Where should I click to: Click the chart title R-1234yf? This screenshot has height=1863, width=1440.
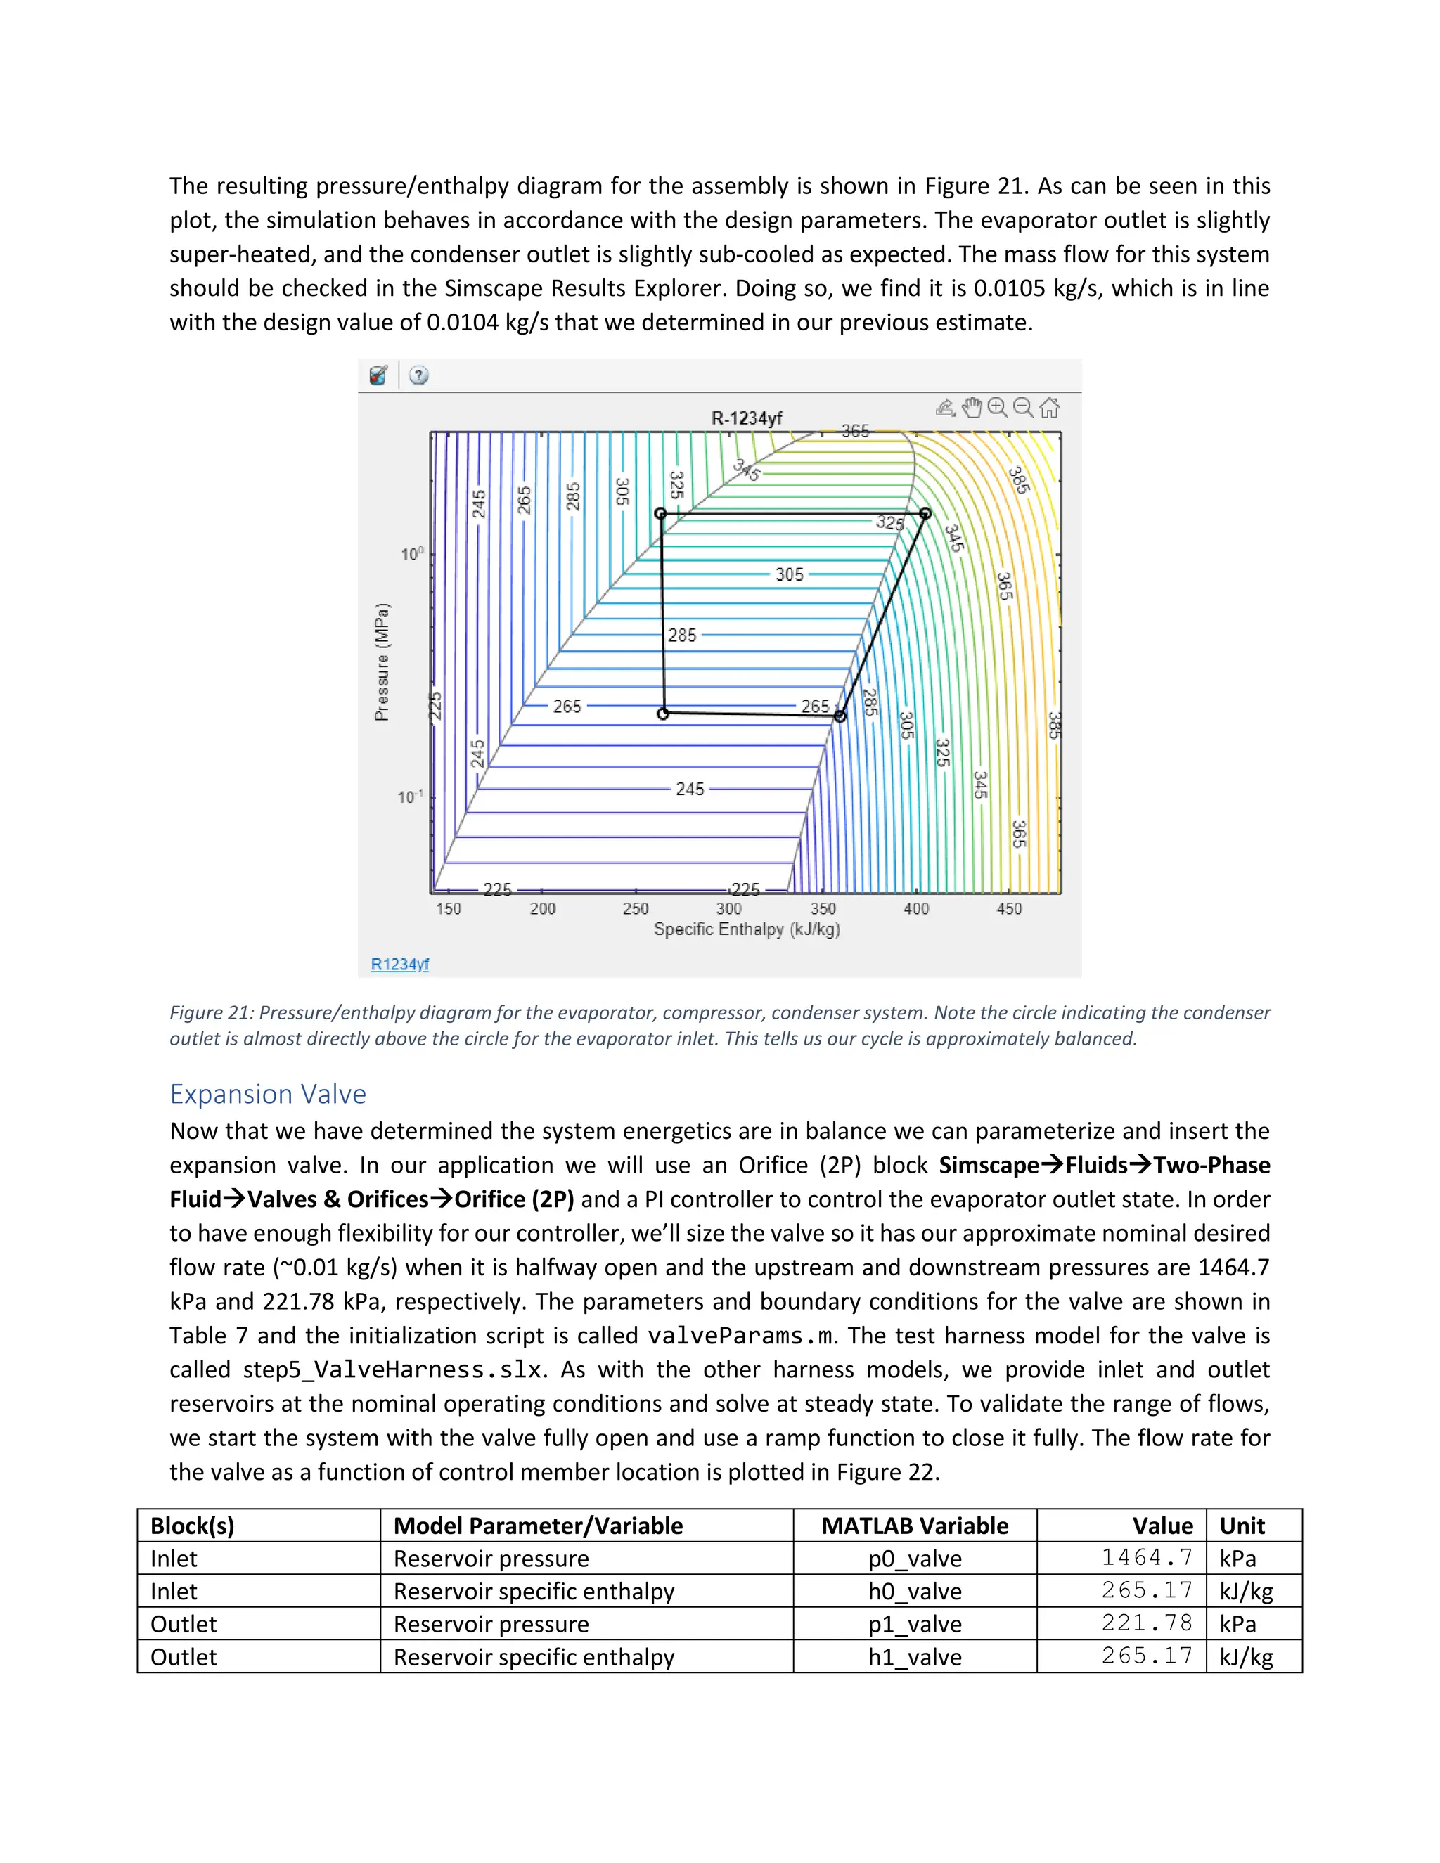click(747, 418)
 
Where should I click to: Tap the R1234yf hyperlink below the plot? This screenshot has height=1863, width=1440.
click(399, 964)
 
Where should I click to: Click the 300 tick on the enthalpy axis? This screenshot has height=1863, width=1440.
click(728, 908)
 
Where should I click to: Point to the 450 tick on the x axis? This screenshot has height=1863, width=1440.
click(1009, 908)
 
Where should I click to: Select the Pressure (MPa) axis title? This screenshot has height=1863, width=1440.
click(382, 662)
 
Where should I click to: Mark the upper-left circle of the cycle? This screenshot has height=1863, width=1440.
click(660, 513)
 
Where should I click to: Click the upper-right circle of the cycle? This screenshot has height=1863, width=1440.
click(925, 513)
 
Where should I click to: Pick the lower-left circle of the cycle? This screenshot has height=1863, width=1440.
click(663, 713)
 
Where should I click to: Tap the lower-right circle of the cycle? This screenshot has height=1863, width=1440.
click(840, 716)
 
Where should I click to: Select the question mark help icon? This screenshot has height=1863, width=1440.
click(418, 375)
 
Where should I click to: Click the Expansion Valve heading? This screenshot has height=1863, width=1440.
click(268, 1094)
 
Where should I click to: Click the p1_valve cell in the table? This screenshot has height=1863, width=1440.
click(915, 1624)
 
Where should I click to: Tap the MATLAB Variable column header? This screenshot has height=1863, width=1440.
click(915, 1526)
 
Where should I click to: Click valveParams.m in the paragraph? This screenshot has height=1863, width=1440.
click(740, 1336)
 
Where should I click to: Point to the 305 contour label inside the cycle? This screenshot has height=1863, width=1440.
click(789, 575)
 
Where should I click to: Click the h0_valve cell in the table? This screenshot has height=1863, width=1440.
click(915, 1591)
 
